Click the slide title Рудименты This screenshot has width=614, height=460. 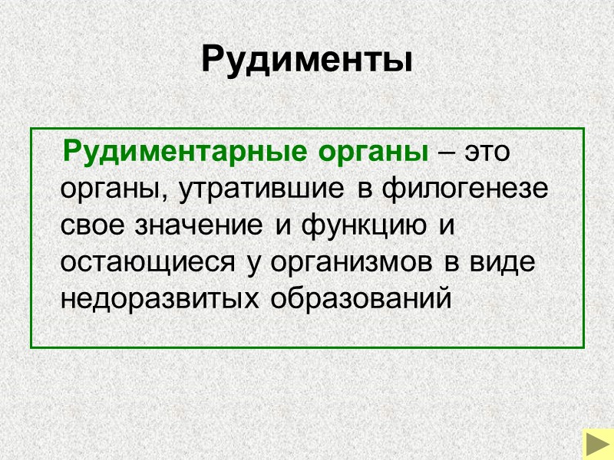click(307, 59)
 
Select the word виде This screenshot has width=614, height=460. click(501, 262)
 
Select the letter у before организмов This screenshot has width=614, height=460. click(253, 264)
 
